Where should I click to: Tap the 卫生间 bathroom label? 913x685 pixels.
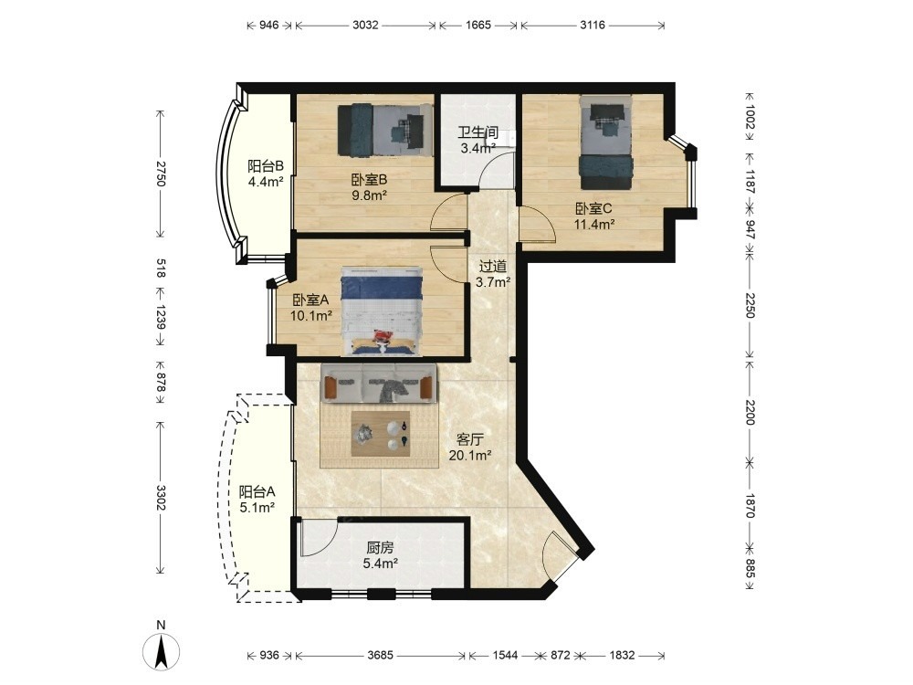pyautogui.click(x=477, y=133)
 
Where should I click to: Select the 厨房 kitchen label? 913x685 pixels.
pyautogui.click(x=380, y=547)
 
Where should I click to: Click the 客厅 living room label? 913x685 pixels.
pyautogui.click(x=470, y=439)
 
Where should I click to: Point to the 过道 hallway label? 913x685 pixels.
pyautogui.click(x=493, y=267)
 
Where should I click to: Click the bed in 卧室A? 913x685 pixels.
pyautogui.click(x=382, y=311)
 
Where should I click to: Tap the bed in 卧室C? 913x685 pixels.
pyautogui.click(x=605, y=142)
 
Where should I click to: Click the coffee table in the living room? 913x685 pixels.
pyautogui.click(x=382, y=433)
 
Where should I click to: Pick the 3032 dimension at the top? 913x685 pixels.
pyautogui.click(x=365, y=25)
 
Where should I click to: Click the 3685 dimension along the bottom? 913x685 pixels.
pyautogui.click(x=380, y=655)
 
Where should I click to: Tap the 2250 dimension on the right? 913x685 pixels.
pyautogui.click(x=750, y=305)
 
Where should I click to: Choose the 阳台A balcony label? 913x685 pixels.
pyautogui.click(x=257, y=492)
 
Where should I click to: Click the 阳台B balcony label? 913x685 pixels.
pyautogui.click(x=266, y=165)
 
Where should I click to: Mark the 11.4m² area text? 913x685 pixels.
pyautogui.click(x=594, y=224)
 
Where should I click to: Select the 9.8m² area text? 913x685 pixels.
pyautogui.click(x=369, y=195)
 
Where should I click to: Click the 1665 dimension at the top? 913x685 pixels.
pyautogui.click(x=478, y=25)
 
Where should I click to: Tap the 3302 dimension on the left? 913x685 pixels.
pyautogui.click(x=161, y=498)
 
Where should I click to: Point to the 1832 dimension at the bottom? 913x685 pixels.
pyautogui.click(x=622, y=655)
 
